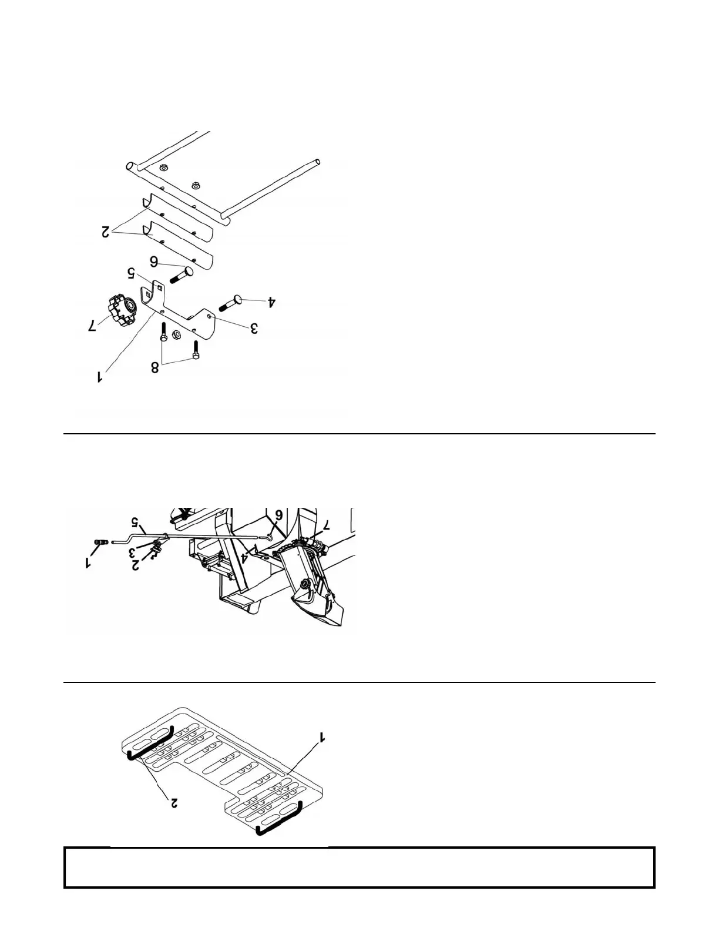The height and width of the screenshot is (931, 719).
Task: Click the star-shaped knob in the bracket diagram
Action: (121, 307)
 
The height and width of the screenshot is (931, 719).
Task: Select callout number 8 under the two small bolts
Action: (155, 368)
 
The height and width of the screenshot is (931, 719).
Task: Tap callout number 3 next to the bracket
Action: (253, 329)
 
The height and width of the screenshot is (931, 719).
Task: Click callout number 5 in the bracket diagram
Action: (132, 273)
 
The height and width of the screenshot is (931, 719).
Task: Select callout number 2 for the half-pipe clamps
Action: (106, 232)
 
